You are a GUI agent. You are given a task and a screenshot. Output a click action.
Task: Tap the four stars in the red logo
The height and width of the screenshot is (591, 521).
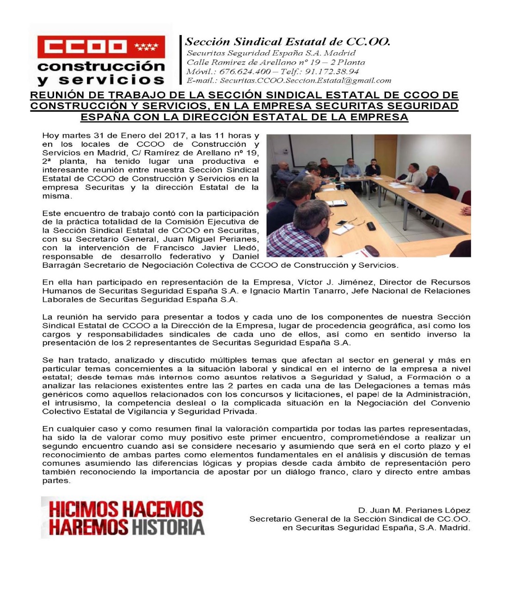146,47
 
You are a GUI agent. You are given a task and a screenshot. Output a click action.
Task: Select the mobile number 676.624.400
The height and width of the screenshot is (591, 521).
245,72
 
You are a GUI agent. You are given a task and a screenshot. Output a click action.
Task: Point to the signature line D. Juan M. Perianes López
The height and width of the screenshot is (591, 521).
414,510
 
